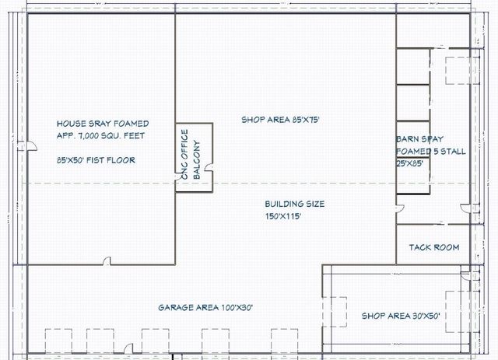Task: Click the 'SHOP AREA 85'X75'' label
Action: click(280, 120)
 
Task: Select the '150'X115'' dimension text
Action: click(282, 217)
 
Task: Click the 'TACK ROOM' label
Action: click(433, 248)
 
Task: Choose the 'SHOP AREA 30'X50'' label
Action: click(402, 316)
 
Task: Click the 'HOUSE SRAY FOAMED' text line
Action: click(103, 124)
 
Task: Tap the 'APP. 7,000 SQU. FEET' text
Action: click(100, 135)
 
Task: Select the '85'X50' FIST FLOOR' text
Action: click(96, 160)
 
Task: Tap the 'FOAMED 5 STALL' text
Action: click(431, 152)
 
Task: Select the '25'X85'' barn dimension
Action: click(411, 164)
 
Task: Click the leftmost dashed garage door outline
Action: click(58, 341)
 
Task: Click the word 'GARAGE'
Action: click(175, 308)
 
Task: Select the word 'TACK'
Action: click(420, 248)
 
